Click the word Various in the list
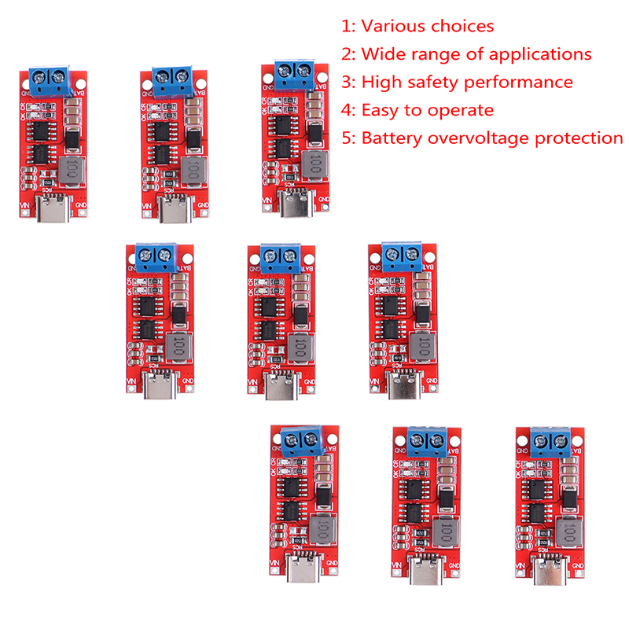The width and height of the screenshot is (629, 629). click(393, 26)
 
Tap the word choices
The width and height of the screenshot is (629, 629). click(462, 26)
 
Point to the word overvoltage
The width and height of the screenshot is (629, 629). click(479, 139)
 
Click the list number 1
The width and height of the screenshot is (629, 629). click(347, 26)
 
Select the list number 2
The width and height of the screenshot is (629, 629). click(347, 54)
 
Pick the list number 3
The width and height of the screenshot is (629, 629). click(347, 83)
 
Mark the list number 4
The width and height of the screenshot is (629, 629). click(347, 111)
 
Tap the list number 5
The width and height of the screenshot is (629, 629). click(347, 139)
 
